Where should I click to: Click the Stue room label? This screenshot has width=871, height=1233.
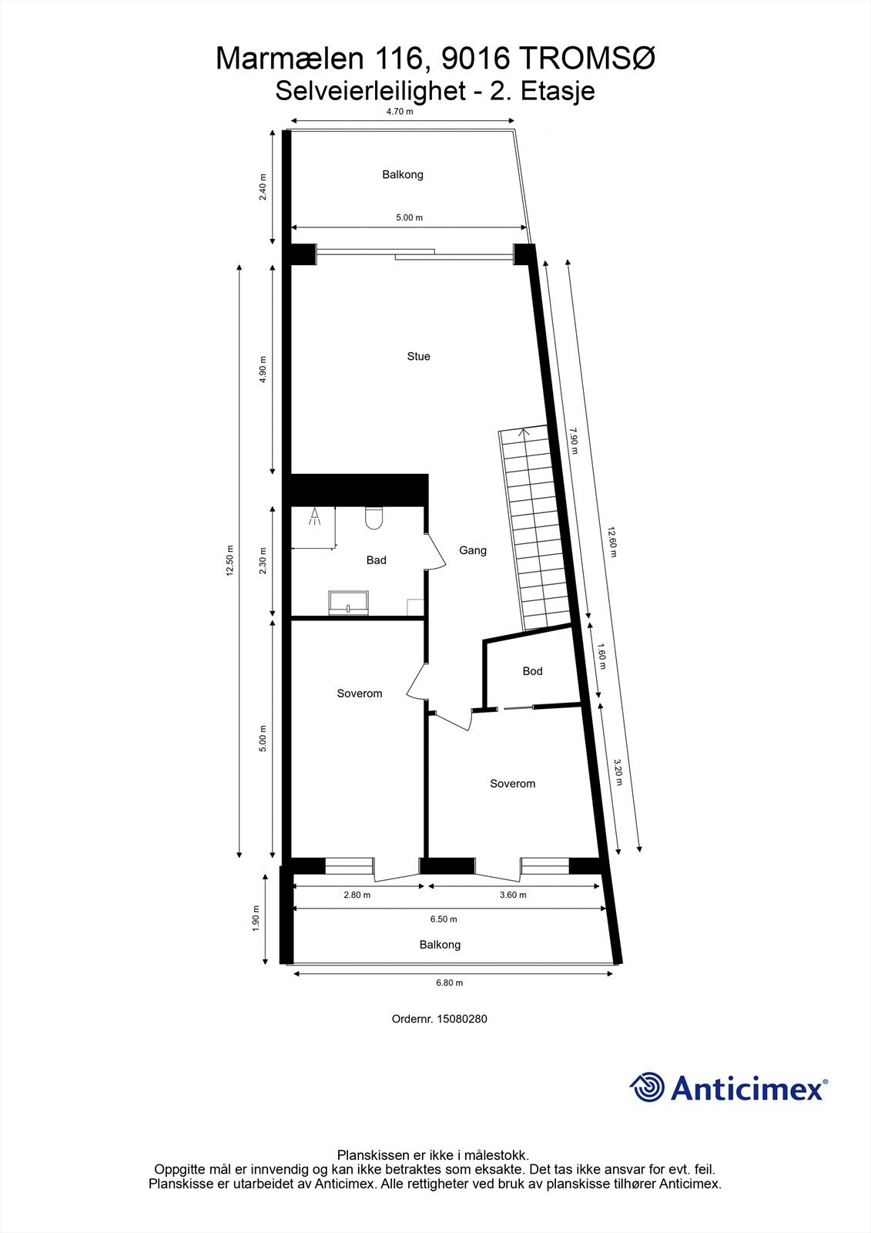[418, 357]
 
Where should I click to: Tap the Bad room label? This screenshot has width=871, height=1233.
[376, 560]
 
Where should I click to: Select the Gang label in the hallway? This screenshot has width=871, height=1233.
[472, 551]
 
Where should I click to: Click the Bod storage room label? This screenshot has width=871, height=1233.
[532, 671]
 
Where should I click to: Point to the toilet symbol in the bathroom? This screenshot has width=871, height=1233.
[375, 519]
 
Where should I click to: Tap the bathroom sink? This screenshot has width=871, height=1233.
[349, 603]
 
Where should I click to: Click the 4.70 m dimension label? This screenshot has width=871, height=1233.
[400, 112]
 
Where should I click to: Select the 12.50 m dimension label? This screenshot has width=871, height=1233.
[229, 560]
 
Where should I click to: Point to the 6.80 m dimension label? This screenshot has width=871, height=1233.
[449, 983]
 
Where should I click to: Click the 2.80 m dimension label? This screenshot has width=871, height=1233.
[357, 895]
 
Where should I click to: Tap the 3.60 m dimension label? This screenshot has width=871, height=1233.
[513, 895]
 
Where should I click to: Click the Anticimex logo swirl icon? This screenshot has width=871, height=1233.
[647, 1087]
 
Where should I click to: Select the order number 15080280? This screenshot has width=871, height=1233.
[462, 1019]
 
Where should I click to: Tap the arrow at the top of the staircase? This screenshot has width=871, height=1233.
[524, 432]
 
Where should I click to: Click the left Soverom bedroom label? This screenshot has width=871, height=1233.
[360, 694]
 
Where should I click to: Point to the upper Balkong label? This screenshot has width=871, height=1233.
[403, 175]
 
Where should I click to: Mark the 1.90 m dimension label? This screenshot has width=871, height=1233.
[256, 918]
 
